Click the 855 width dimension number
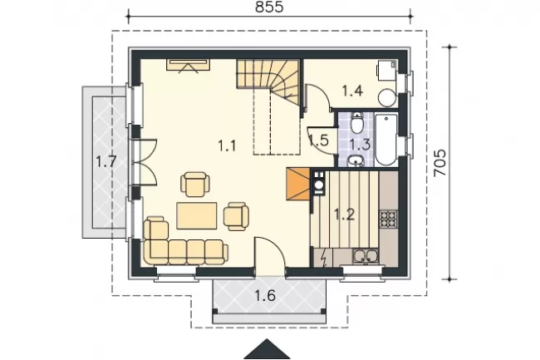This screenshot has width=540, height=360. [x=269, y=7]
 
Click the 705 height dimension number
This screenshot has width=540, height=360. [x=440, y=163]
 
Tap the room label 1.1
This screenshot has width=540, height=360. [x=228, y=145]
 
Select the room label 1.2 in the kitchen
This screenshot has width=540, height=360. [x=345, y=215]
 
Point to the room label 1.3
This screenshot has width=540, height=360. [x=361, y=144]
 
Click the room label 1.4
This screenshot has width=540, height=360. [x=352, y=91]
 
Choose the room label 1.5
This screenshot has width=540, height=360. [x=318, y=141]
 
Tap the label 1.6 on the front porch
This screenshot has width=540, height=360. [x=265, y=295]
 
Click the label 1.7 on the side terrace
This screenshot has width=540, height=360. [x=106, y=161]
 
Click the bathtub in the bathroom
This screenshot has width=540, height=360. [x=385, y=140]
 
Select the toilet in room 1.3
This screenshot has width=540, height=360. [x=356, y=123]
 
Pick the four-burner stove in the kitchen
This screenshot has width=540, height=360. [x=388, y=219]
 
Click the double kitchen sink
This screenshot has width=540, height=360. [x=366, y=256]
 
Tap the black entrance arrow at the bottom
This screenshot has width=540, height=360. [x=267, y=349]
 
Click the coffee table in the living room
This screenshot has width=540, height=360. [x=197, y=216]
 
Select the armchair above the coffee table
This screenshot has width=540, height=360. [x=195, y=185]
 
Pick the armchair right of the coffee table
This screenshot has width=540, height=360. [x=236, y=216]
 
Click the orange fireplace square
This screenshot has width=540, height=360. [x=298, y=185]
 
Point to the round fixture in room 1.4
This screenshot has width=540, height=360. [x=387, y=98]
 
